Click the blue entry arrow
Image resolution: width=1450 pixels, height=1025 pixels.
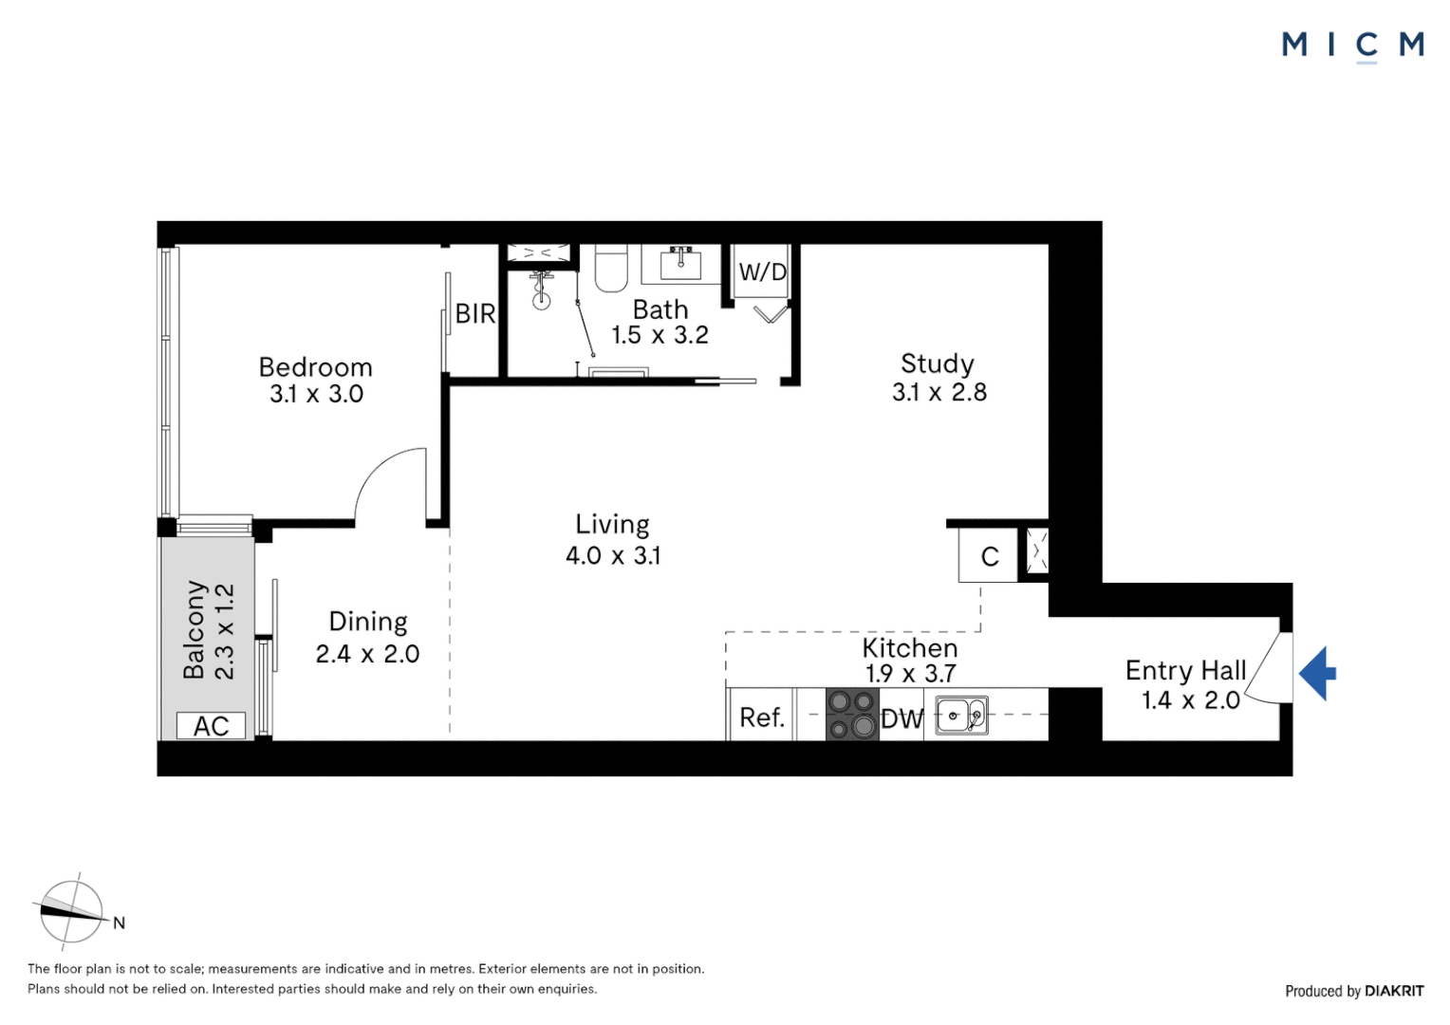tap(1317, 674)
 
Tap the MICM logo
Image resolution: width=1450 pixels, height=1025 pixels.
tap(1352, 45)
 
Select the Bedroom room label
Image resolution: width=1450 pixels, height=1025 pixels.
tap(315, 367)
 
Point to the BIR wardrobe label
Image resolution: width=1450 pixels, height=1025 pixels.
tap(474, 313)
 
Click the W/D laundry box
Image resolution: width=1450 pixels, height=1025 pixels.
tap(762, 272)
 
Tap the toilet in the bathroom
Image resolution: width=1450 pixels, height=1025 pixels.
tap(611, 270)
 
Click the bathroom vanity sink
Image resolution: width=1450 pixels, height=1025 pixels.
tap(680, 263)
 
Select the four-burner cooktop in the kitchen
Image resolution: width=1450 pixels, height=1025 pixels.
tap(851, 715)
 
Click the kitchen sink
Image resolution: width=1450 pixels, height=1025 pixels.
tap(961, 716)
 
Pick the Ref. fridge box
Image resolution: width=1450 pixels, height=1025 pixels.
tap(761, 717)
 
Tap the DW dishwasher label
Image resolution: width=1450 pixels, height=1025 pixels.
tap(902, 719)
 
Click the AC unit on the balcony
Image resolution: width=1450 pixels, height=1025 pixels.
tap(211, 726)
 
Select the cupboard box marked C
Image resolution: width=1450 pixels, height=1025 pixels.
tap(989, 556)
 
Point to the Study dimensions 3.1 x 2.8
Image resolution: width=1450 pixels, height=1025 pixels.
tap(939, 392)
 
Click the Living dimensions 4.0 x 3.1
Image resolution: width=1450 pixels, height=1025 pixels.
tap(613, 555)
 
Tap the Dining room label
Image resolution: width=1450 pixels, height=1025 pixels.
tap(368, 622)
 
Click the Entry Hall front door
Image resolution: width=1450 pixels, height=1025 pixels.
tap(1267, 670)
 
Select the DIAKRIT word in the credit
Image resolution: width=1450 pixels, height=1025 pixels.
tap(1394, 991)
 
